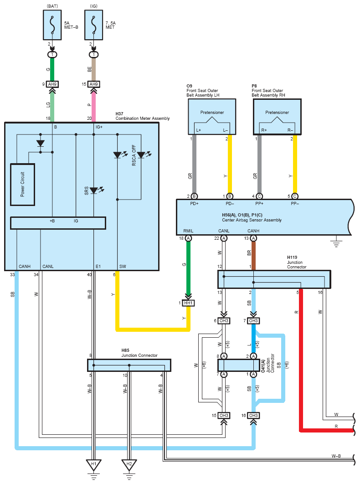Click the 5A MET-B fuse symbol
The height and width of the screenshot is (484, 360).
tap(52, 25)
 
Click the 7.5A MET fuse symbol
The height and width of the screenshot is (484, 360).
tap(93, 25)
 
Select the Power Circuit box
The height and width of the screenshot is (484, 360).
tap(22, 185)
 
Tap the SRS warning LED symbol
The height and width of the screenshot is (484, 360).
tap(94, 191)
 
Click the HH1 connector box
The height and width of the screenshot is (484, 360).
tap(188, 303)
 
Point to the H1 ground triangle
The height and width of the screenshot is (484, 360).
tap(93, 464)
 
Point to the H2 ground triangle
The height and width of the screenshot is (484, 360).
tap(129, 464)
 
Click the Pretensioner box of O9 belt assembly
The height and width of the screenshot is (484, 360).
tap(212, 117)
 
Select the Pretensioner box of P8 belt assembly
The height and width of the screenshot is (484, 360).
tap(277, 117)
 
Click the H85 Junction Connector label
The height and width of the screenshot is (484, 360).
tap(139, 353)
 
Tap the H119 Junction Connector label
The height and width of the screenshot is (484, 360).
tap(297, 262)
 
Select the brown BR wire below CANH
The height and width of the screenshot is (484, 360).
tap(253, 256)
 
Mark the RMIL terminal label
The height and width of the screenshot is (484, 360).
tap(188, 231)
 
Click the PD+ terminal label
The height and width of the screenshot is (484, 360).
tap(194, 203)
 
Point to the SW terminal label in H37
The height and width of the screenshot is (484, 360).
tap(123, 267)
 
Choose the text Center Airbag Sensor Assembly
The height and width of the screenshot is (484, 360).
tap(252, 220)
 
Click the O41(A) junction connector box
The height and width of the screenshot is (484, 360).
tap(239, 365)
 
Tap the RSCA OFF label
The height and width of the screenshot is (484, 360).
tap(134, 155)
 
